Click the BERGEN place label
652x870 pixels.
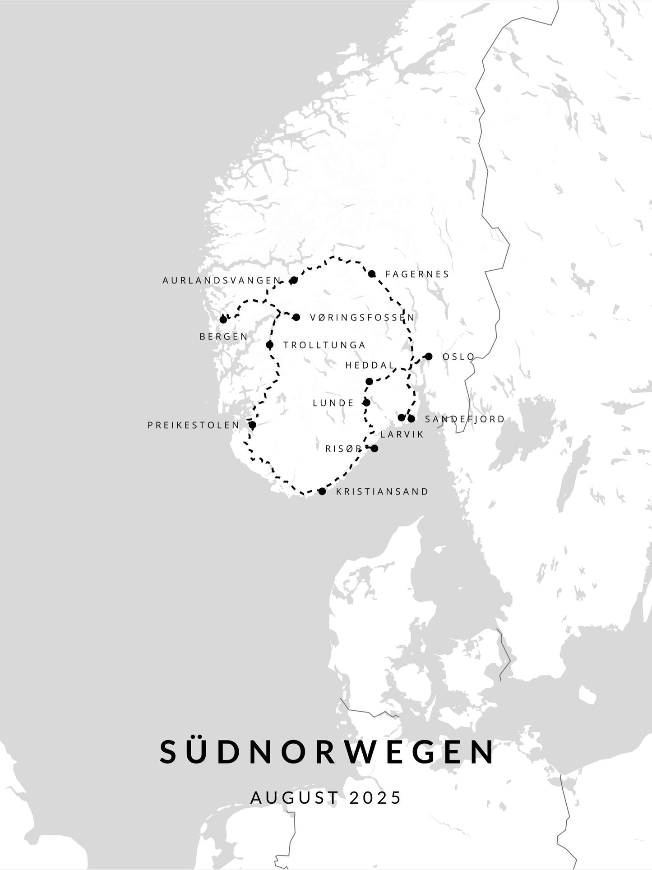point(224,337)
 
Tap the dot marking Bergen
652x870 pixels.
point(223,319)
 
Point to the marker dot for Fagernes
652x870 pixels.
point(371,274)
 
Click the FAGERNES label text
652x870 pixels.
point(417,274)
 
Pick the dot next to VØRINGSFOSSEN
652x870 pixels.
point(296,317)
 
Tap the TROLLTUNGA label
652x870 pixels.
point(324,345)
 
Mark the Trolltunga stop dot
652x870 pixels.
point(269,345)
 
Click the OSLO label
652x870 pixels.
point(458,357)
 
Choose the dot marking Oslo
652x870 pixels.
point(429,356)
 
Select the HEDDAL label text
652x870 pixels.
point(370,366)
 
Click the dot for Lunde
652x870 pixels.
point(366,403)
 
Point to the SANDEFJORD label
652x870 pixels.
point(465,419)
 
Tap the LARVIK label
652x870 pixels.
point(402,435)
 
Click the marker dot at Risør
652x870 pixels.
point(374,448)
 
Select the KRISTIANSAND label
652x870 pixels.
point(382,492)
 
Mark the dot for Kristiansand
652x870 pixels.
point(322,491)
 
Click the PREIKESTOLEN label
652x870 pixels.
point(194,426)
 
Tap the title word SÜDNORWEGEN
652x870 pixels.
point(327,752)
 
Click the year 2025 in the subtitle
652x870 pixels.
point(375,798)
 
